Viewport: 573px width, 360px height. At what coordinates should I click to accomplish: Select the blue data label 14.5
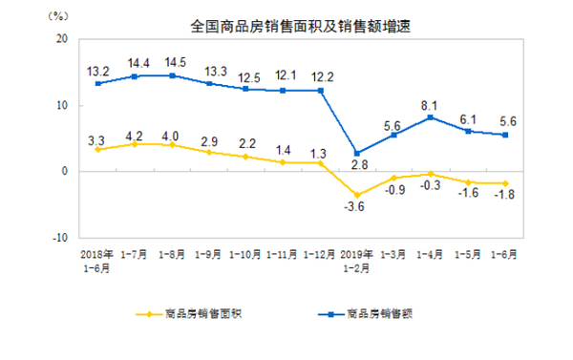click(x=173, y=60)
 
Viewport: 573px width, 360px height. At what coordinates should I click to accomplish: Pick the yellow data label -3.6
click(x=355, y=208)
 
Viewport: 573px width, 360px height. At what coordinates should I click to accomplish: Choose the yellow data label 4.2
click(x=136, y=133)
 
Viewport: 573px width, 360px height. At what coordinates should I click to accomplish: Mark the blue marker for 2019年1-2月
click(x=357, y=153)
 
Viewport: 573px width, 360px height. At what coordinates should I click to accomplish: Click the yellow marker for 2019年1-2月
click(x=357, y=195)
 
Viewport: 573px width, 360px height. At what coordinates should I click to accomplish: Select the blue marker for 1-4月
click(x=432, y=117)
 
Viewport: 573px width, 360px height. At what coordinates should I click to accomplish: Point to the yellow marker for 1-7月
click(x=136, y=144)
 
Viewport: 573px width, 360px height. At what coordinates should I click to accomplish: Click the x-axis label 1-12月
click(x=318, y=255)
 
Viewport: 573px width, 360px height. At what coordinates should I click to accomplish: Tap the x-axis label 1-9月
click(x=209, y=255)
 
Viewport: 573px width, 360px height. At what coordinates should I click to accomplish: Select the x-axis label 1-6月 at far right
click(x=503, y=255)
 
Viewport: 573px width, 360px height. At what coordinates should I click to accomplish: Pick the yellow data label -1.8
click(x=505, y=197)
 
